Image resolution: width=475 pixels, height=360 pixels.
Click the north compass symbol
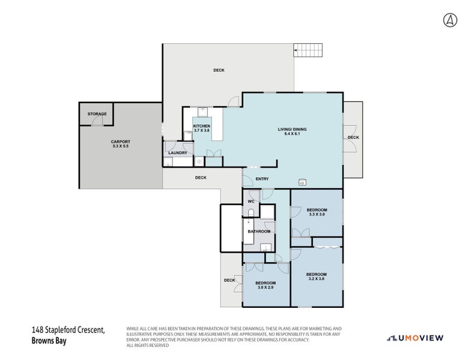pyautogui.click(x=450, y=20)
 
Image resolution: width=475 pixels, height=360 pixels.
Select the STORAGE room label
pyautogui.click(x=97, y=114)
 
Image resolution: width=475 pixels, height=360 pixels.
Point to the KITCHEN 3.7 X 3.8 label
pyautogui.click(x=202, y=128)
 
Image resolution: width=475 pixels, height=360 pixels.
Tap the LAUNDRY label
pyautogui.click(x=178, y=153)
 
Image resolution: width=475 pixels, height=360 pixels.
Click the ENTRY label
pyautogui.click(x=262, y=179)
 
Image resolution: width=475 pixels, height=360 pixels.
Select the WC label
pyautogui.click(x=251, y=201)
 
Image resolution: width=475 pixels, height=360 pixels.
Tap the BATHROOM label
pyautogui.click(x=259, y=231)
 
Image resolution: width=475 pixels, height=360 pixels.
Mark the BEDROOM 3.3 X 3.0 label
pyautogui.click(x=316, y=212)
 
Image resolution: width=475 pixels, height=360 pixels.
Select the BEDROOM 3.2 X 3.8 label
pyautogui.click(x=316, y=276)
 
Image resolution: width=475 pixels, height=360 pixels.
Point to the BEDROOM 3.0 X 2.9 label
pyautogui.click(x=265, y=285)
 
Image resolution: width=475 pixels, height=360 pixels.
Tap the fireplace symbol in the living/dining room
pyautogui.click(x=302, y=182)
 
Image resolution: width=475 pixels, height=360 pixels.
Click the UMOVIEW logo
pyautogui.click(x=415, y=338)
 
